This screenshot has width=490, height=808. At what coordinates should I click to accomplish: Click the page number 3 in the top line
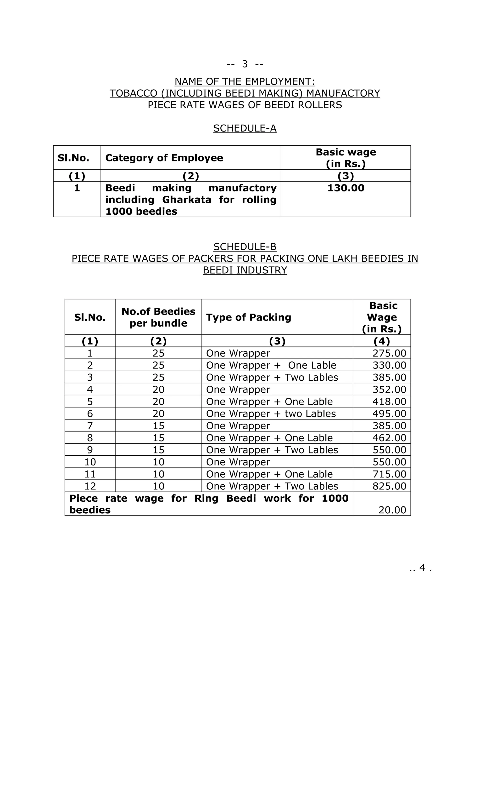245,64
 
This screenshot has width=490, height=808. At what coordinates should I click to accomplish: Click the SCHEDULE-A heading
245,128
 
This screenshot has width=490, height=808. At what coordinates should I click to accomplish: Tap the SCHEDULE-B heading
245,246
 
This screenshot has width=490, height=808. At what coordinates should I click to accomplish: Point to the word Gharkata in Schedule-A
187,200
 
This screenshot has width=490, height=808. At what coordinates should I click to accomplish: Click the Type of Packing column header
248,317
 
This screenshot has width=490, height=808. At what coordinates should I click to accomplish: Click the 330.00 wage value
389,366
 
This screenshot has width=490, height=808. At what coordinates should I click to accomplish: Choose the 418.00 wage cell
389,402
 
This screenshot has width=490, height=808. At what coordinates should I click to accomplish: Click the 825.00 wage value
389,486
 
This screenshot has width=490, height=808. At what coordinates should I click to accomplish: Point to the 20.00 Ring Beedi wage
392,510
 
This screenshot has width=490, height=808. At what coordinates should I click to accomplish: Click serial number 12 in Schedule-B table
90,486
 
